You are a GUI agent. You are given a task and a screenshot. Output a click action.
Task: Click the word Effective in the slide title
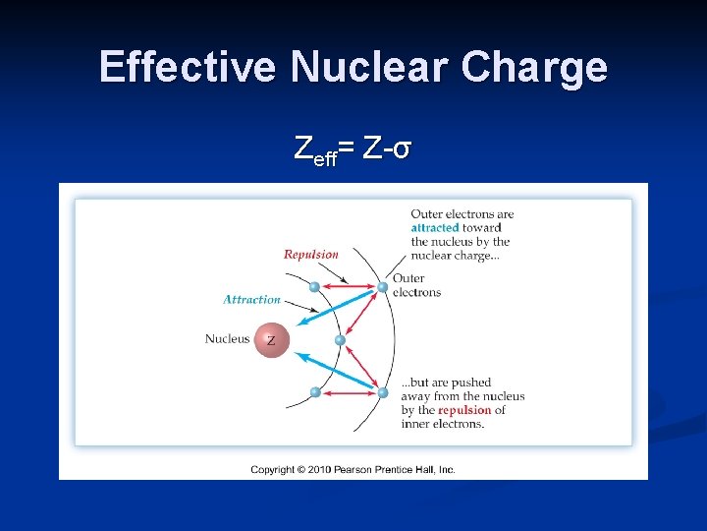pos(188,67)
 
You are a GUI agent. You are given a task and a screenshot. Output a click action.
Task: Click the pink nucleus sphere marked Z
pos(271,340)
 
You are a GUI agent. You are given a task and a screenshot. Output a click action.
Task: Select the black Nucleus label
pos(227,339)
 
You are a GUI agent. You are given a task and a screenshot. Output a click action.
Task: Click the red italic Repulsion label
pos(310,255)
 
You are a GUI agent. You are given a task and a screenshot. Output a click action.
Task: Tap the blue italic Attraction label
pos(251,300)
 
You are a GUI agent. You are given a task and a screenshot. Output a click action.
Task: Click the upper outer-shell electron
pos(383,287)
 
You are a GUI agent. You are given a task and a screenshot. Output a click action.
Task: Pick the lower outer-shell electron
pos(382,392)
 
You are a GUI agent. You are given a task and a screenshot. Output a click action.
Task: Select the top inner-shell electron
pos(315,287)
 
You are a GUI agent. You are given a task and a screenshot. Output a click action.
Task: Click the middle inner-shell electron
pos(340,340)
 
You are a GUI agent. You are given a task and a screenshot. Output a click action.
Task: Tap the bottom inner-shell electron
pos(315,392)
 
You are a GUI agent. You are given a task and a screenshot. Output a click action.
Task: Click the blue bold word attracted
pos(435,228)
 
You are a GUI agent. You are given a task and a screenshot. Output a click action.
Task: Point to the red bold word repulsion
pos(464,410)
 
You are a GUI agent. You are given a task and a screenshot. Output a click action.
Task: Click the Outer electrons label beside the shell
pos(416,285)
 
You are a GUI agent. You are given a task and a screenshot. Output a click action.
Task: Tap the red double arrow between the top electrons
pos(349,287)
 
